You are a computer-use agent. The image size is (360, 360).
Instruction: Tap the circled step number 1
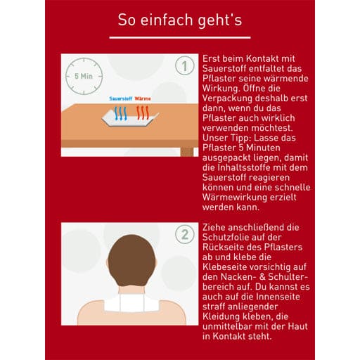[x=184, y=67]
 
